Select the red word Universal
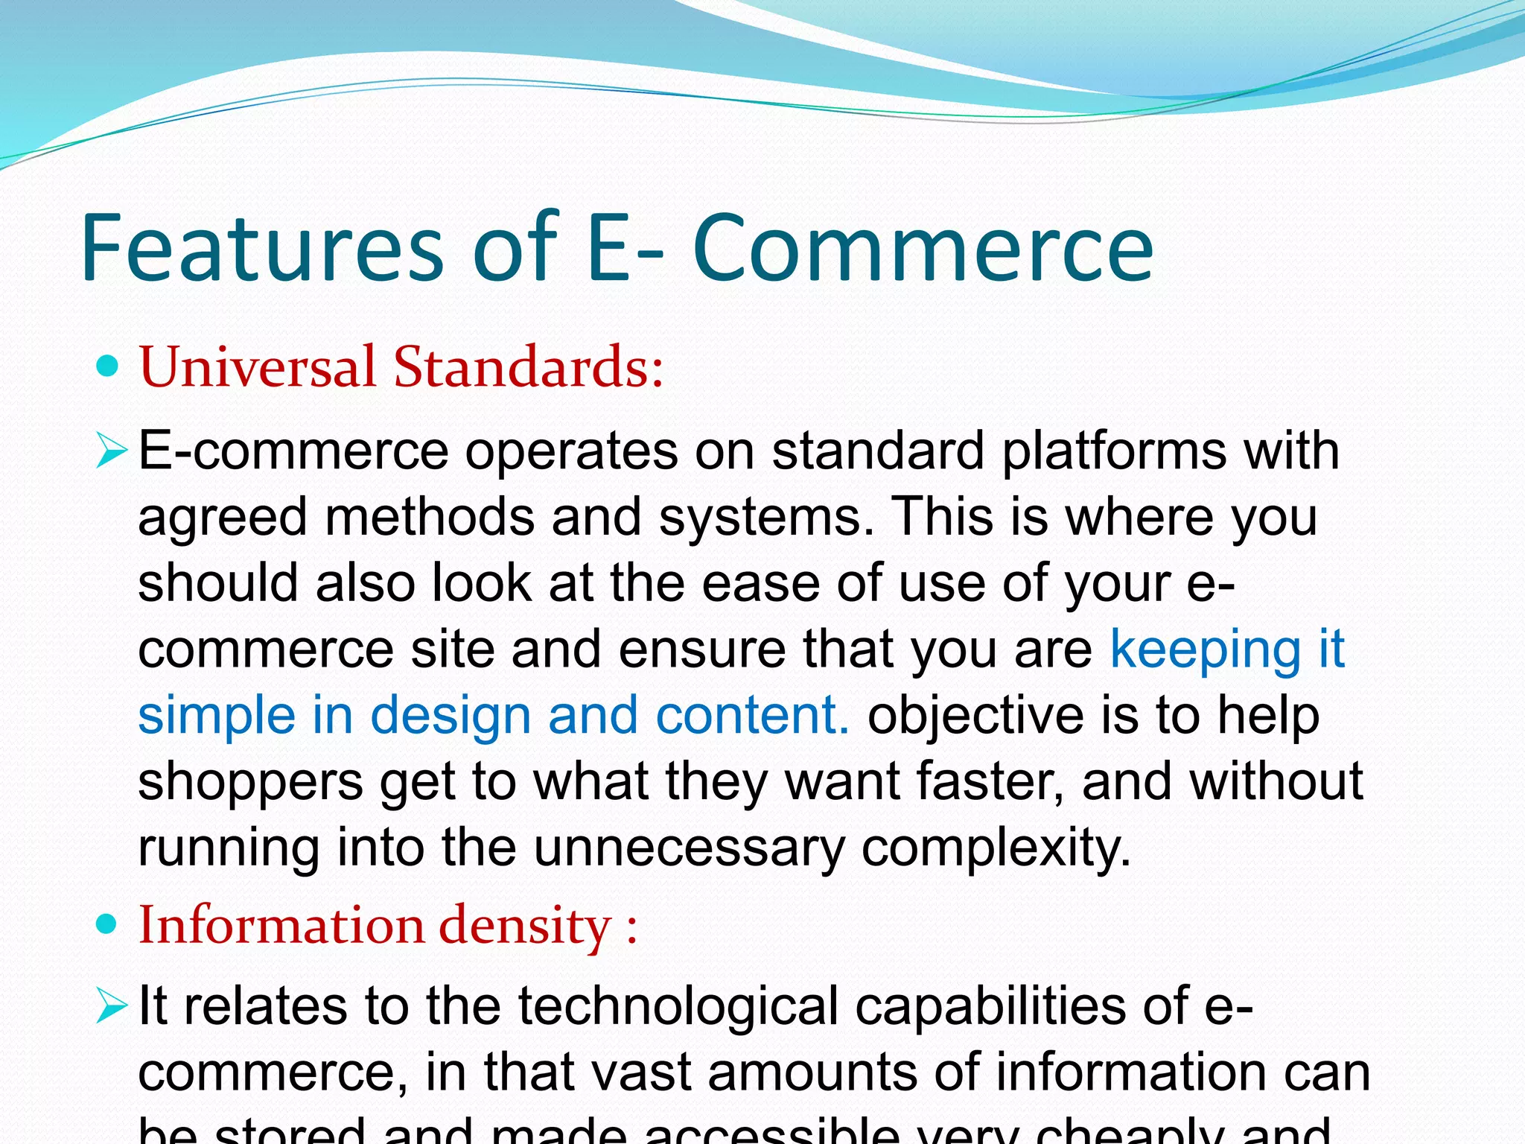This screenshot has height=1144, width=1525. (x=258, y=366)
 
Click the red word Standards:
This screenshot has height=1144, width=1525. (x=528, y=366)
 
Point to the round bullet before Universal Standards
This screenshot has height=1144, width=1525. (x=109, y=366)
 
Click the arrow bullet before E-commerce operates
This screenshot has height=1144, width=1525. (x=112, y=451)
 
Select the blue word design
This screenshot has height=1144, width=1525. (x=450, y=715)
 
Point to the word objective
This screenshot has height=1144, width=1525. (x=975, y=715)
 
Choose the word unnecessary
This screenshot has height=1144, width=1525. (x=689, y=848)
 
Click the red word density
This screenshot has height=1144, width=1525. (x=525, y=925)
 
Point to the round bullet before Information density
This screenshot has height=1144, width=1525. (x=109, y=925)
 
